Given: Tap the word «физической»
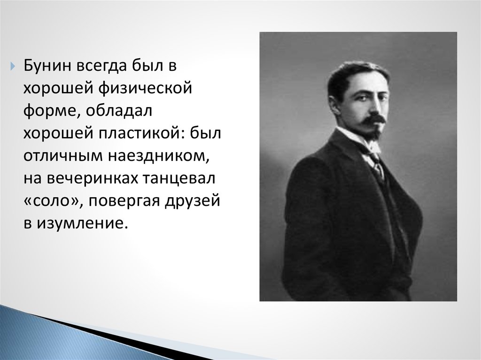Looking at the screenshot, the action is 146,89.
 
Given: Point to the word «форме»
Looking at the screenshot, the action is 49,112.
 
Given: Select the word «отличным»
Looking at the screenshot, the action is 63,156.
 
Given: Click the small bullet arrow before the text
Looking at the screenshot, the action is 12,66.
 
